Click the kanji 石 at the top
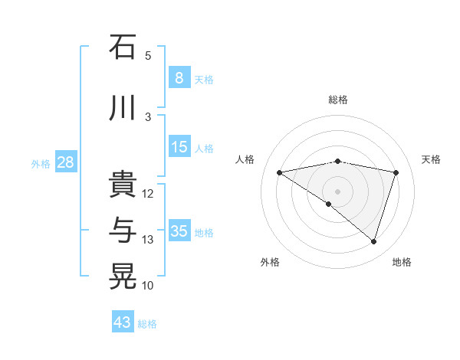pyautogui.click(x=123, y=47)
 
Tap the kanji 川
pyautogui.click(x=123, y=108)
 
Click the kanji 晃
pyautogui.click(x=123, y=277)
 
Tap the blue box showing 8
pyautogui.click(x=179, y=78)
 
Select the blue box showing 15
pyautogui.click(x=179, y=147)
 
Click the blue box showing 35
pyautogui.click(x=179, y=231)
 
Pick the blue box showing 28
pyautogui.click(x=65, y=162)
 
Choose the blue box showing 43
pyautogui.click(x=123, y=322)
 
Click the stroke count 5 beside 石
pyautogui.click(x=148, y=56)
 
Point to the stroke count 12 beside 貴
pyautogui.click(x=148, y=194)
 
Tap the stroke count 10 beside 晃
pyautogui.click(x=148, y=286)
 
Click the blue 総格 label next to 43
pyautogui.click(x=148, y=324)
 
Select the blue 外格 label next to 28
pyautogui.click(x=41, y=163)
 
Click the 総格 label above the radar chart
pyautogui.click(x=337, y=100)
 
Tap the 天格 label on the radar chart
pyautogui.click(x=431, y=159)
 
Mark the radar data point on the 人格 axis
pyautogui.click(x=279, y=172)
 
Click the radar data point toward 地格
pyautogui.click(x=373, y=241)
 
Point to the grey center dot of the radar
pyautogui.click(x=337, y=191)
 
